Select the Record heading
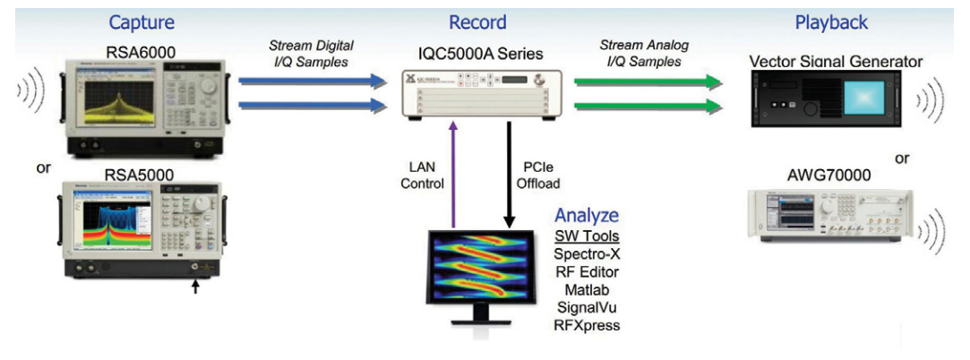coord(478,22)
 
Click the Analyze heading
coord(587,215)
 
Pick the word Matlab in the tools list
coord(588,289)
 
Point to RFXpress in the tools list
coord(588,325)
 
